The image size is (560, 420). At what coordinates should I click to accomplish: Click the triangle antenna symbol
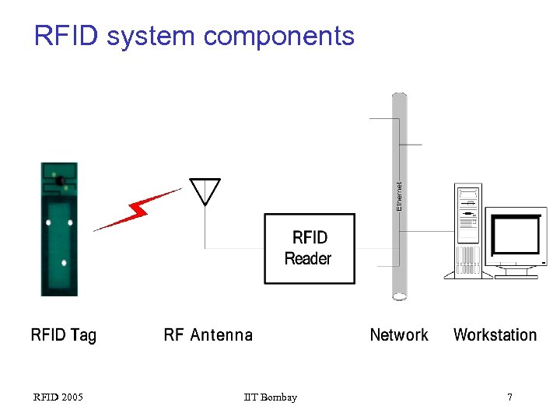pos(205,191)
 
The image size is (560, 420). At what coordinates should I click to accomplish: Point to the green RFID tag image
pos(59,229)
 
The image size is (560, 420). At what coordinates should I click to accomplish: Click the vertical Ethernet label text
pos(399,196)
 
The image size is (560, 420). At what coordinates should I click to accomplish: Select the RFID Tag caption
pos(64,335)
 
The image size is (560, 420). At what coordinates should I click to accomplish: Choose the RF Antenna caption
pos(208,335)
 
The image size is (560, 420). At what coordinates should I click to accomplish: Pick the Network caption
pos(399,335)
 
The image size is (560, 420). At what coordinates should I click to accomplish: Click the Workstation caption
pos(495,335)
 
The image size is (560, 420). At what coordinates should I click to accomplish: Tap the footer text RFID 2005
pos(58,397)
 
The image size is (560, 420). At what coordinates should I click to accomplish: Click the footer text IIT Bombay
pos(270,397)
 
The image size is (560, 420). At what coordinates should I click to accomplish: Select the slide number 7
pos(509,397)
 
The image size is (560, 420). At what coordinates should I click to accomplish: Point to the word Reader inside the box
pos(308,259)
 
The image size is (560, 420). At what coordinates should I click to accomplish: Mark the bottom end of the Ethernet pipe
pos(399,296)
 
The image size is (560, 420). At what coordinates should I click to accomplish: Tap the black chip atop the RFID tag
pos(59,180)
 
